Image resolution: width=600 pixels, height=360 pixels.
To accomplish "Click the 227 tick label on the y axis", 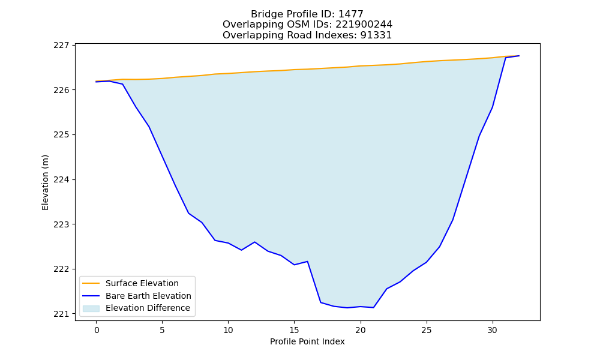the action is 61,45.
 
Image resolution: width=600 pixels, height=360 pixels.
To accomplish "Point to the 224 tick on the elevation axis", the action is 61,179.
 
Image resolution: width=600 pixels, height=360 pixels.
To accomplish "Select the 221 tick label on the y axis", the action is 61,314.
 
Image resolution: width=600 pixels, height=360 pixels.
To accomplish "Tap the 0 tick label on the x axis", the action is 97,330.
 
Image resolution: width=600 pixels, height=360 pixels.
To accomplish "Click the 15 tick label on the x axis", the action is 294,330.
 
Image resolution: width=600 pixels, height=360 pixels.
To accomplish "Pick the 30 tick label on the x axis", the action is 493,330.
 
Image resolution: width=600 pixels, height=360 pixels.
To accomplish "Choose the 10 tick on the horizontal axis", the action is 229,330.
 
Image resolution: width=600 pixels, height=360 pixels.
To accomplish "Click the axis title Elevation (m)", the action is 45,182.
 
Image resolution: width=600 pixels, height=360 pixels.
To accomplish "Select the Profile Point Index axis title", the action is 307,341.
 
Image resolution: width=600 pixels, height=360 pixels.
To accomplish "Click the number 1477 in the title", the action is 351,14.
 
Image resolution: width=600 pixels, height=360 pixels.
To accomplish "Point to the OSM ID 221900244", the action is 364,25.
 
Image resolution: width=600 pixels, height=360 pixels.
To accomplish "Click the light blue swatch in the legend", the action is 91,308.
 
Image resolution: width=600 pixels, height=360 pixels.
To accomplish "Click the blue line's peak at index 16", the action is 307,261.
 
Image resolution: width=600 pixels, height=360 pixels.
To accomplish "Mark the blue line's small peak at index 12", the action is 254,242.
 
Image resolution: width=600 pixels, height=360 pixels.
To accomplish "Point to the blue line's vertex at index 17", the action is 320,302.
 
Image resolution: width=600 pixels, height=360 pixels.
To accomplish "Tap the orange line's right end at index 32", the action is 519,56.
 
